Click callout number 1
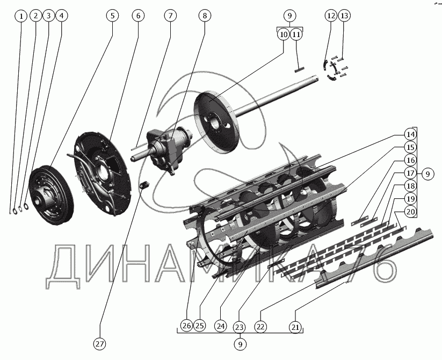click(x=21, y=16)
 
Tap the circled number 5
click(x=112, y=16)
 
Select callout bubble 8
click(x=205, y=16)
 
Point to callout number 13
click(x=344, y=16)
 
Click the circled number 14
click(x=410, y=134)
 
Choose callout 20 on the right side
click(x=410, y=211)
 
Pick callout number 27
click(x=100, y=344)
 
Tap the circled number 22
click(x=260, y=327)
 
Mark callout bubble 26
click(x=187, y=326)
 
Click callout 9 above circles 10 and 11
click(x=290, y=16)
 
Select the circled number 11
click(x=296, y=34)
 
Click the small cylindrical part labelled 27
click(x=145, y=186)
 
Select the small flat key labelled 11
click(x=299, y=69)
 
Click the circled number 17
click(x=410, y=172)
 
